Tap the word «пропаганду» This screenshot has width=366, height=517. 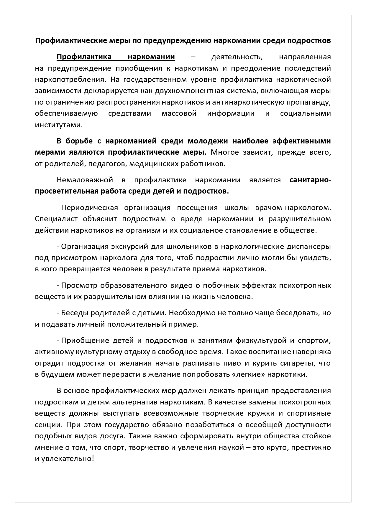[310, 102]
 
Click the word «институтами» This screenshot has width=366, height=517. [58, 125]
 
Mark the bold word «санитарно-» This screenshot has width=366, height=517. [310, 180]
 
